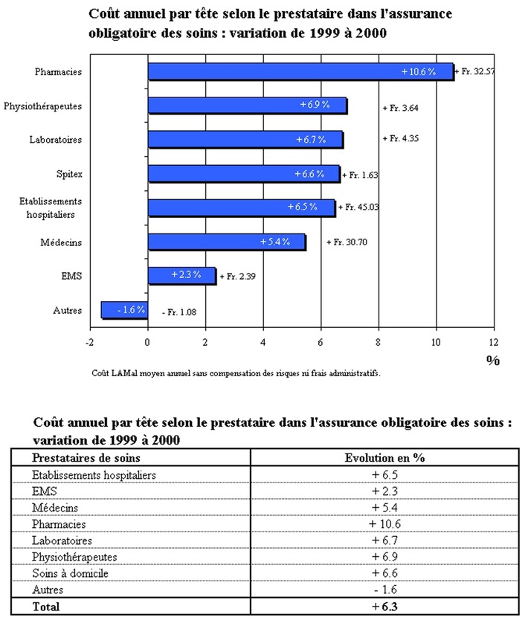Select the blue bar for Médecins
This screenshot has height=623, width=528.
227,242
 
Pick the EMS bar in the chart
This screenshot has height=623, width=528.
181,276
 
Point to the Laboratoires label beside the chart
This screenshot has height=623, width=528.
55,139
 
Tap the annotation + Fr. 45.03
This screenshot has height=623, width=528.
358,207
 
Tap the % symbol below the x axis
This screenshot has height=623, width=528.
492,360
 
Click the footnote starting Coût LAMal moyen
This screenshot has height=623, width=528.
236,374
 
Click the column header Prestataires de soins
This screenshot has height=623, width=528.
86,457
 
